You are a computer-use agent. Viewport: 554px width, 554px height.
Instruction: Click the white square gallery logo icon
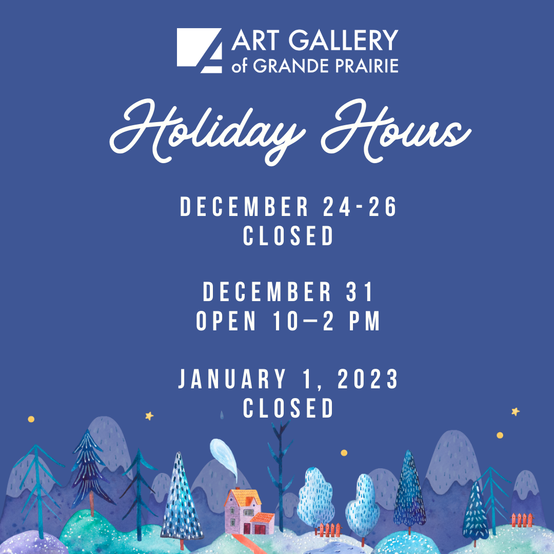point(200,51)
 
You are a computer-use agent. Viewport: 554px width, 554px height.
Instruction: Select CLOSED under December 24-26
point(289,236)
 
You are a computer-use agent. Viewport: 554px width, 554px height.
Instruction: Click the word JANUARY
point(232,380)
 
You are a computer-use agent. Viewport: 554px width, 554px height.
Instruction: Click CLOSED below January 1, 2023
point(289,409)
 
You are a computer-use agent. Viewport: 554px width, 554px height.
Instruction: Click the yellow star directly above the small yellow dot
point(515,411)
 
